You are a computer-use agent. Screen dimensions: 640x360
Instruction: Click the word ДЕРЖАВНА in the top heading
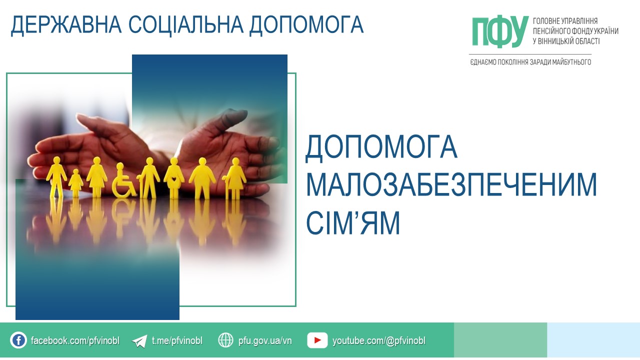coord(66,25)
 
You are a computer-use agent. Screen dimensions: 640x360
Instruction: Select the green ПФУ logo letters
coord(500,31)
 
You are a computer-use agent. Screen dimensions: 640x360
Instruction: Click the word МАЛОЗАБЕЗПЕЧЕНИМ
coord(451,184)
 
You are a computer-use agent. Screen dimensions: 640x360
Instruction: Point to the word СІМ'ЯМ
coord(353,223)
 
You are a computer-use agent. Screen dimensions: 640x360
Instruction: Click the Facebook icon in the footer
coord(18,340)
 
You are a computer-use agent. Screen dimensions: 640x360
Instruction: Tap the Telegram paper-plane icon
coord(139,341)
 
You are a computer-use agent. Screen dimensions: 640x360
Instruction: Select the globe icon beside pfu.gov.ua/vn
coord(225,340)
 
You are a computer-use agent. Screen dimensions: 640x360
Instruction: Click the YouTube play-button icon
coord(317,340)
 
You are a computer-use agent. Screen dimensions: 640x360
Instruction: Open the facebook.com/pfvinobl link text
coord(75,340)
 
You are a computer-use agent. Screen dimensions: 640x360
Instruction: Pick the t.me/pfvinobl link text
coord(177,340)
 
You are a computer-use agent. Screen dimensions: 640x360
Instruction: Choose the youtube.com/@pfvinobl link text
coord(379,340)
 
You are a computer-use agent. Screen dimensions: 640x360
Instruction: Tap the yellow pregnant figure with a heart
coord(174,178)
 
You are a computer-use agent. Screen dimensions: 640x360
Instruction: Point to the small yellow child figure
coord(75,183)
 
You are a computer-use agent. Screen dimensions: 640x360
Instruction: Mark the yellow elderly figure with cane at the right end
coord(235,178)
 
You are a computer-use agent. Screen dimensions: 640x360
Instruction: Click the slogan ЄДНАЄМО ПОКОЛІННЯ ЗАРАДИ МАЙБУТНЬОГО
coord(530,62)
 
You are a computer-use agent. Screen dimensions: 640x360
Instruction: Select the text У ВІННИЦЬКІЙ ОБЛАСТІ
coord(566,41)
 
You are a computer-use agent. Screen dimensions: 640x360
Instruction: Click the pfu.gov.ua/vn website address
coord(265,340)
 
